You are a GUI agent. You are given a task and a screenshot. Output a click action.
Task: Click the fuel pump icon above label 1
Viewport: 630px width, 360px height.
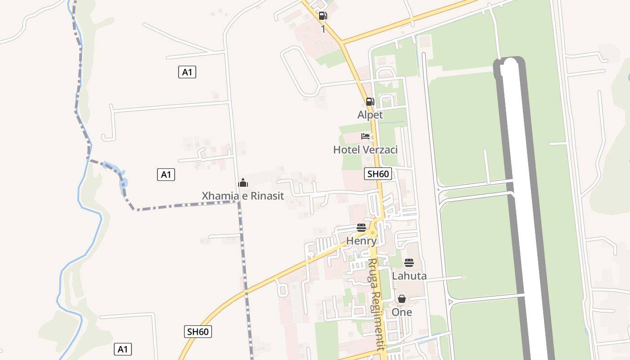point(323,16)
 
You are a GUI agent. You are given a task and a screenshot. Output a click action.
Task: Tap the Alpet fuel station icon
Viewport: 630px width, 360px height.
point(370,102)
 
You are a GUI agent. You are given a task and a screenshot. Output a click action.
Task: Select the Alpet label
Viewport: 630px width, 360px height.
point(370,115)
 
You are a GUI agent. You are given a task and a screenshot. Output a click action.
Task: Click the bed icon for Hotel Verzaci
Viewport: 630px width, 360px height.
point(365,136)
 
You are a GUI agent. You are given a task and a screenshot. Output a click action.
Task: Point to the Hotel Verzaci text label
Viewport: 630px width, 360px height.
point(365,149)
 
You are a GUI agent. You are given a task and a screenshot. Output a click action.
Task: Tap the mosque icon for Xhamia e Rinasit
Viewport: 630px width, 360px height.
point(243,183)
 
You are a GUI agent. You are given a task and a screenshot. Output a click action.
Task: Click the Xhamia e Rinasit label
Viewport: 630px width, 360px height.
point(243,196)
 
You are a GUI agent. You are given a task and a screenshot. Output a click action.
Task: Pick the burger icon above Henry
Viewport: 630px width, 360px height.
point(361,228)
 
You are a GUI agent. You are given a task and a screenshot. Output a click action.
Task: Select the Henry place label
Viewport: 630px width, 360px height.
point(361,241)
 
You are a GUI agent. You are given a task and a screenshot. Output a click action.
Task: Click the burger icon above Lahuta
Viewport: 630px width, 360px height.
point(409,263)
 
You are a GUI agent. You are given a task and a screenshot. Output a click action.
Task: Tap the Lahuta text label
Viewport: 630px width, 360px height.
point(409,275)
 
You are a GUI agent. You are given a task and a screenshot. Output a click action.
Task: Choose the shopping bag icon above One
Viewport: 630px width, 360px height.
point(402,299)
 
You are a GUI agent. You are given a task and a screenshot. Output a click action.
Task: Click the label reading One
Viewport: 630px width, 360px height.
point(402,312)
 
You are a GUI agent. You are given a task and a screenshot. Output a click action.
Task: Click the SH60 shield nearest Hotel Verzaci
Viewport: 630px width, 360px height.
point(378,174)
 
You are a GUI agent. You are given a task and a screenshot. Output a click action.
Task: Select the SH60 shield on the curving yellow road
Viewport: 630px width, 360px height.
point(198,332)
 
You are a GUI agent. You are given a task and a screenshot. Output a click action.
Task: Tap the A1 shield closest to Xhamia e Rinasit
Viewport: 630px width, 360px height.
point(166,175)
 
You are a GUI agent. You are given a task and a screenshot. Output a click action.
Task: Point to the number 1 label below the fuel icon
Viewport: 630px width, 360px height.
point(323,29)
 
